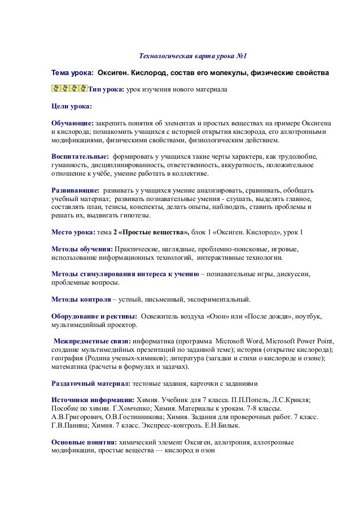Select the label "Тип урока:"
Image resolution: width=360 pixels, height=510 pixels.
coord(106,89)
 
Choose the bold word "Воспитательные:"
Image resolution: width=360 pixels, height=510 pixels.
coord(80,156)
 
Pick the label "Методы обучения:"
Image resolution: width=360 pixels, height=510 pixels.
coord(82,249)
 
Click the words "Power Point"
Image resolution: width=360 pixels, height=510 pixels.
coord(314,341)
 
